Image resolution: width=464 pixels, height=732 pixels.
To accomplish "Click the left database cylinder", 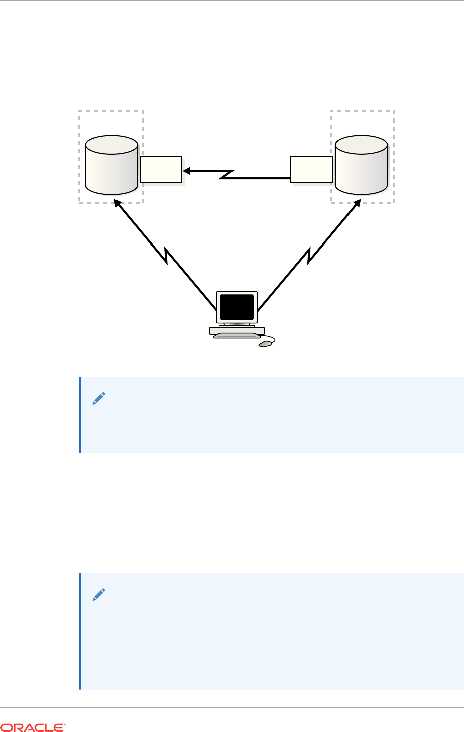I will (x=111, y=168).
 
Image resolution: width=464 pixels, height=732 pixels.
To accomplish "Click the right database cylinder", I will (x=361, y=168).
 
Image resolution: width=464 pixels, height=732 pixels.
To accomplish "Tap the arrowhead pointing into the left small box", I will (x=186, y=171).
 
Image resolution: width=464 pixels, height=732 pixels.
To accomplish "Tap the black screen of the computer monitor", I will (x=237, y=307).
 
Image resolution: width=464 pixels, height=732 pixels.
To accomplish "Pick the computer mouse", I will (x=265, y=344).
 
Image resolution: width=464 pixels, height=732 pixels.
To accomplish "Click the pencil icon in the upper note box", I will (x=99, y=399).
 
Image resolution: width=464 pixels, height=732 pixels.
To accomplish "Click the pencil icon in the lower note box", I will (x=99, y=595).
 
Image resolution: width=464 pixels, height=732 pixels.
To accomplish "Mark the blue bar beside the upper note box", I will (x=80, y=415).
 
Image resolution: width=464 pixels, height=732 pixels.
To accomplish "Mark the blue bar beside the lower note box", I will (x=80, y=631).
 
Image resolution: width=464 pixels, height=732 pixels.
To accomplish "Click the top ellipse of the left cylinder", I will (x=111, y=145).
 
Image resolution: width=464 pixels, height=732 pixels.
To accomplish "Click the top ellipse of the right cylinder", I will (x=361, y=145).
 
